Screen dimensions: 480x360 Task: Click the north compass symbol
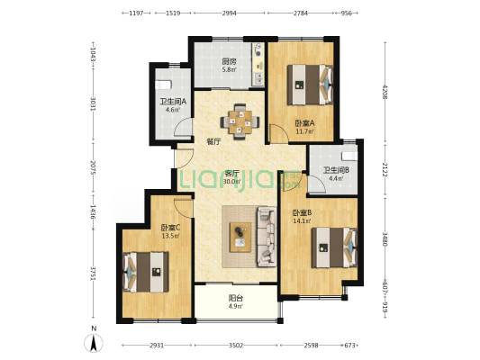click(x=94, y=343)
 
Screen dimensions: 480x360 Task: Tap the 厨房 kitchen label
click(x=229, y=61)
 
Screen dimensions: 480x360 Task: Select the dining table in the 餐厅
click(x=240, y=122)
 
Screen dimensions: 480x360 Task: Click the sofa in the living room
click(x=267, y=236)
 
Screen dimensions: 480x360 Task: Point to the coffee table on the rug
click(x=240, y=238)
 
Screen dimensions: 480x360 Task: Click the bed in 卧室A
click(x=310, y=85)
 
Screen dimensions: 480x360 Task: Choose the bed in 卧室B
click(x=335, y=247)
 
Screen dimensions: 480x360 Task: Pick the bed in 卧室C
click(x=145, y=272)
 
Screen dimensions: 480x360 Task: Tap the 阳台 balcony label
click(x=236, y=298)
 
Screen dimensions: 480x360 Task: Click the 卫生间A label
click(x=173, y=102)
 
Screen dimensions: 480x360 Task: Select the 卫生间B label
click(x=336, y=170)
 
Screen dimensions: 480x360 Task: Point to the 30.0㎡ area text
click(x=231, y=182)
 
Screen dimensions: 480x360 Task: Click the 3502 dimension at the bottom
click(x=236, y=346)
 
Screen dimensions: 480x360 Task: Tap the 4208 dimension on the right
click(x=385, y=92)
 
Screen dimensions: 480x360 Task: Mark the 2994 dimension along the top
click(x=230, y=13)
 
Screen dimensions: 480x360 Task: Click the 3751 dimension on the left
click(x=94, y=274)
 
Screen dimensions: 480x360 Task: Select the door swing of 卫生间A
click(x=184, y=127)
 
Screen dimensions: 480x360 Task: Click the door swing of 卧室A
click(x=279, y=134)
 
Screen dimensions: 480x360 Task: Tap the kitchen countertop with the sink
click(x=258, y=64)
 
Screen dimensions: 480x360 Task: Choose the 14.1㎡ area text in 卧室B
click(x=303, y=220)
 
